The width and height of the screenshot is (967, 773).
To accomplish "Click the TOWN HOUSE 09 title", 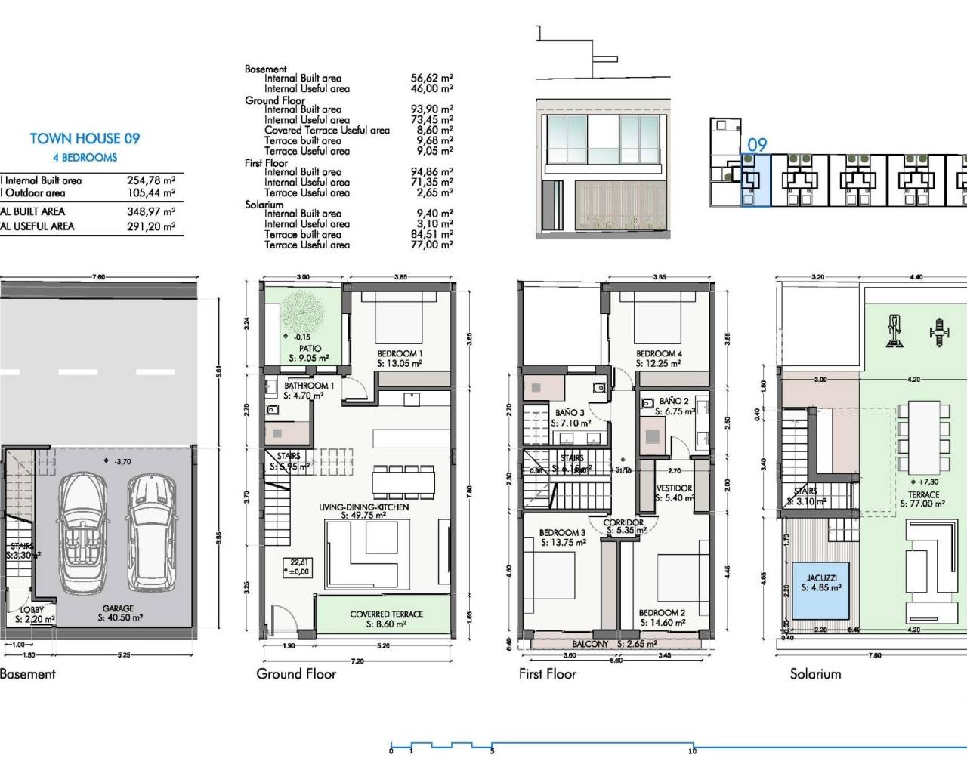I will pyautogui.click(x=85, y=138).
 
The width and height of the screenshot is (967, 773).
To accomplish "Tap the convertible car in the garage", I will pyautogui.click(x=85, y=532).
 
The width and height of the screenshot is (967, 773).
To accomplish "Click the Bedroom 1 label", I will pyautogui.click(x=400, y=353).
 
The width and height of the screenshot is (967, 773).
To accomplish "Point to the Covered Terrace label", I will pyautogui.click(x=386, y=614).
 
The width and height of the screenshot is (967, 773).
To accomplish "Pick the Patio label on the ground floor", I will pyautogui.click(x=310, y=349).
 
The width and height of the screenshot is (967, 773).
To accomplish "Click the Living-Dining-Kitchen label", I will pyautogui.click(x=363, y=507).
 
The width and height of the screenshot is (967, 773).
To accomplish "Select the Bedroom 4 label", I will pyautogui.click(x=659, y=353).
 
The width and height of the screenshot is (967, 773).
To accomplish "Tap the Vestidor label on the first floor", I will pyautogui.click(x=674, y=488).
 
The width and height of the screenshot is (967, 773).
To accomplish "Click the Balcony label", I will pyautogui.click(x=590, y=644).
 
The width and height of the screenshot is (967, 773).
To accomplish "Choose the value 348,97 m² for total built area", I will pyautogui.click(x=151, y=211).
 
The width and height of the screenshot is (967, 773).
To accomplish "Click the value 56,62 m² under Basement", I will pyautogui.click(x=431, y=78).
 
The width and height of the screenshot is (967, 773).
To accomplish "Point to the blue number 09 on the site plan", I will pyautogui.click(x=756, y=145).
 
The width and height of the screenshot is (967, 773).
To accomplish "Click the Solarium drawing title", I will pyautogui.click(x=815, y=673).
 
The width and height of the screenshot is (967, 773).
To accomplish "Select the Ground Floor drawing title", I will pyautogui.click(x=296, y=673).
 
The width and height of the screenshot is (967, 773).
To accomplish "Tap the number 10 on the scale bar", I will pyautogui.click(x=692, y=751).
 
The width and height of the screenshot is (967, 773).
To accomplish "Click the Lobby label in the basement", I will pyautogui.click(x=32, y=609).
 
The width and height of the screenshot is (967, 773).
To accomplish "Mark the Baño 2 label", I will pyautogui.click(x=674, y=401).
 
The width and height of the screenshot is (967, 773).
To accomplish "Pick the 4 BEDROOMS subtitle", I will pyautogui.click(x=85, y=158).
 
